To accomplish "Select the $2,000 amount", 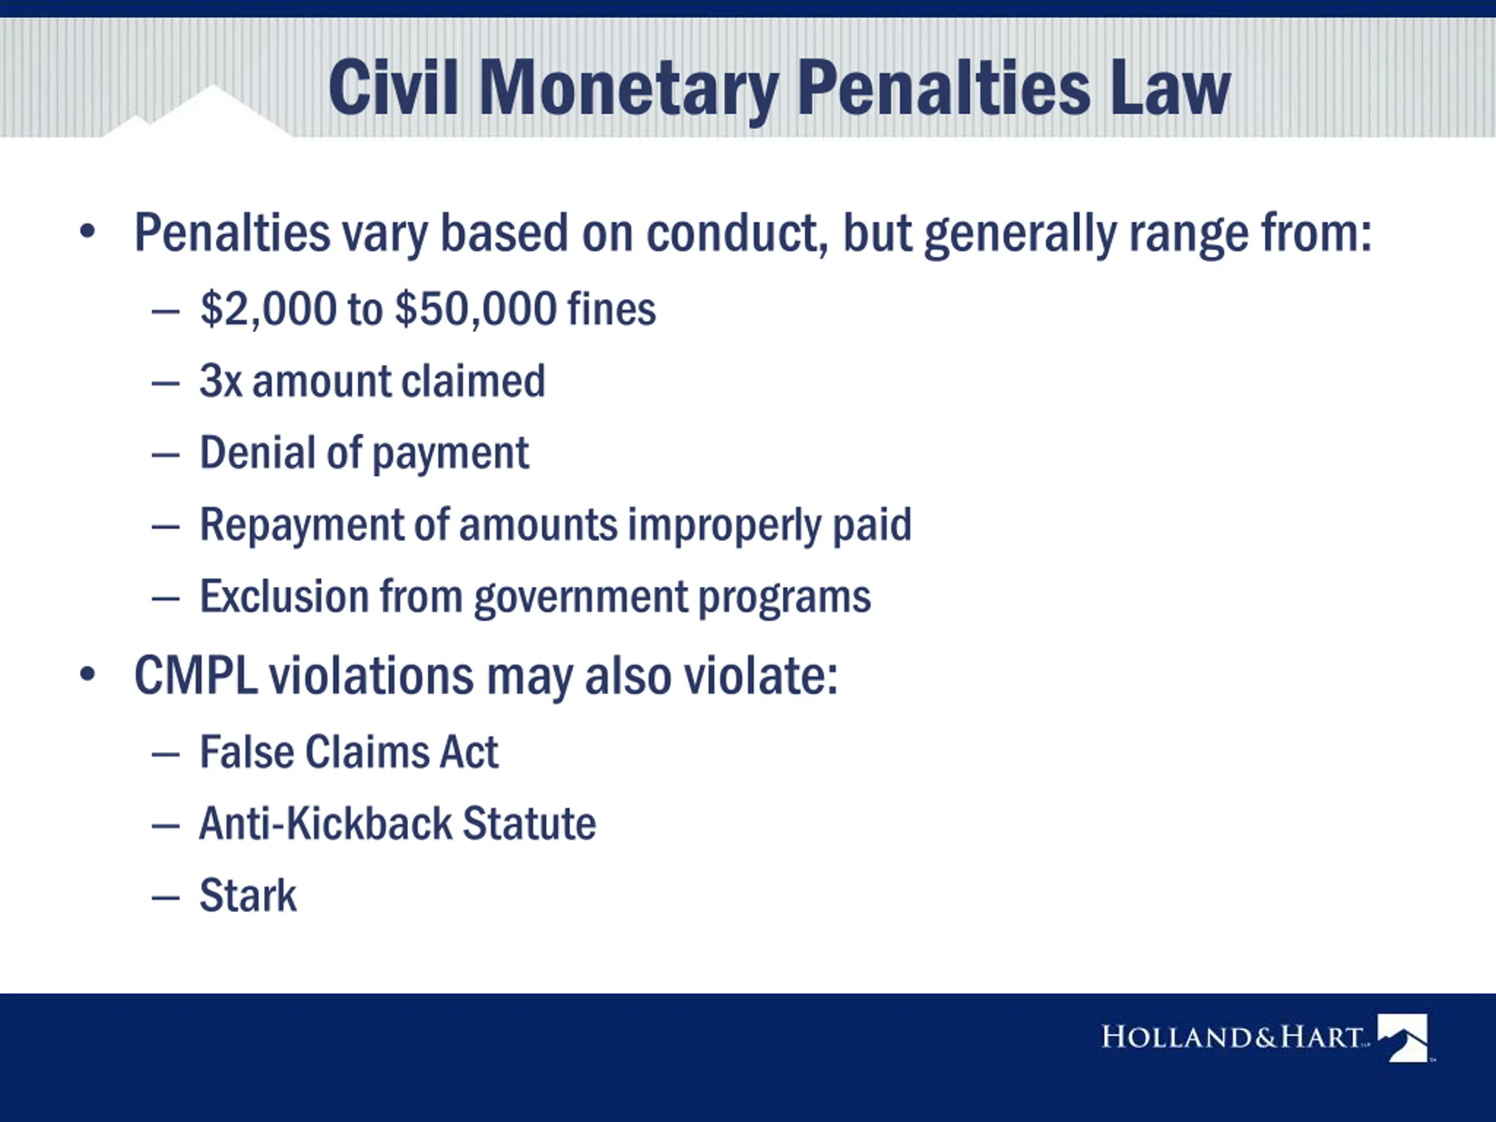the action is [268, 309].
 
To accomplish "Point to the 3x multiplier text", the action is [220, 381].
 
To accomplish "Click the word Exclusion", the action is [284, 596].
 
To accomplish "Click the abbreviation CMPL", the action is [196, 676].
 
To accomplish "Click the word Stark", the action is [248, 895].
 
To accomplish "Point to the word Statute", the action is [529, 824].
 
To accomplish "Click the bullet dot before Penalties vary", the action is [87, 232].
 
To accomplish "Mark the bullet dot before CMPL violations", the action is [87, 675].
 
